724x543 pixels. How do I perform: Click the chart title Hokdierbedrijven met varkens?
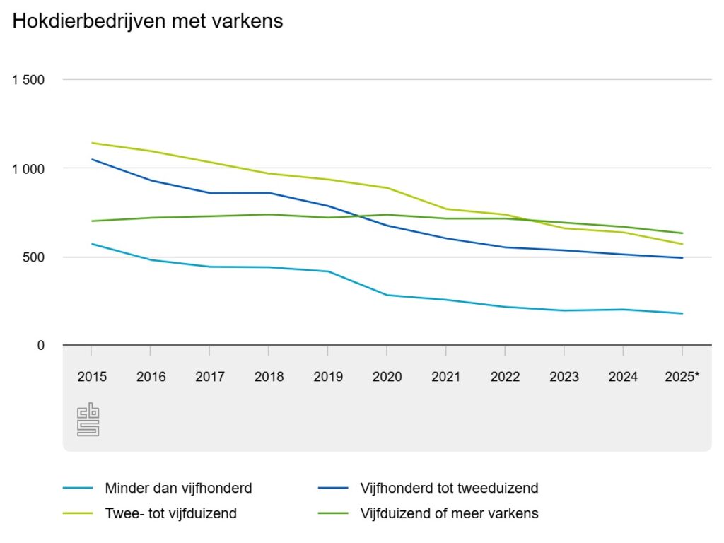(x=148, y=21)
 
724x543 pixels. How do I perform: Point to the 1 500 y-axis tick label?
(x=28, y=80)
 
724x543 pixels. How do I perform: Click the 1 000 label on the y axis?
(x=28, y=168)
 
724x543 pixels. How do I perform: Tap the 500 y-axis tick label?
(x=33, y=257)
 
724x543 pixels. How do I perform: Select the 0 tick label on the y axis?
(x=41, y=345)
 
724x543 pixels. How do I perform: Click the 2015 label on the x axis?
(x=92, y=377)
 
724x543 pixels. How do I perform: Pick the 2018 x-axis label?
(x=269, y=377)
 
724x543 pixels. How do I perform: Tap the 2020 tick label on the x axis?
(x=387, y=377)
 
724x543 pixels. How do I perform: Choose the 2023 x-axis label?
(x=564, y=377)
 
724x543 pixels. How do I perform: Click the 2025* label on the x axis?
(x=682, y=377)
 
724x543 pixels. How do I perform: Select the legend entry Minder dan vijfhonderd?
(x=178, y=488)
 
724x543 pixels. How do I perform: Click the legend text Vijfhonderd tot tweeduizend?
(x=450, y=488)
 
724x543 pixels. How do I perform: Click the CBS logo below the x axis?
(x=88, y=420)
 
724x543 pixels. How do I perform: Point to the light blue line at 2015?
(x=92, y=244)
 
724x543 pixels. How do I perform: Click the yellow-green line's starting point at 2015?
(x=92, y=143)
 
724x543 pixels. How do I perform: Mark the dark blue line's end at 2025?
(x=682, y=258)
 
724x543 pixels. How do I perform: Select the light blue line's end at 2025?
(x=682, y=313)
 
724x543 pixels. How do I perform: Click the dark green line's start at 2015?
(x=92, y=221)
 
